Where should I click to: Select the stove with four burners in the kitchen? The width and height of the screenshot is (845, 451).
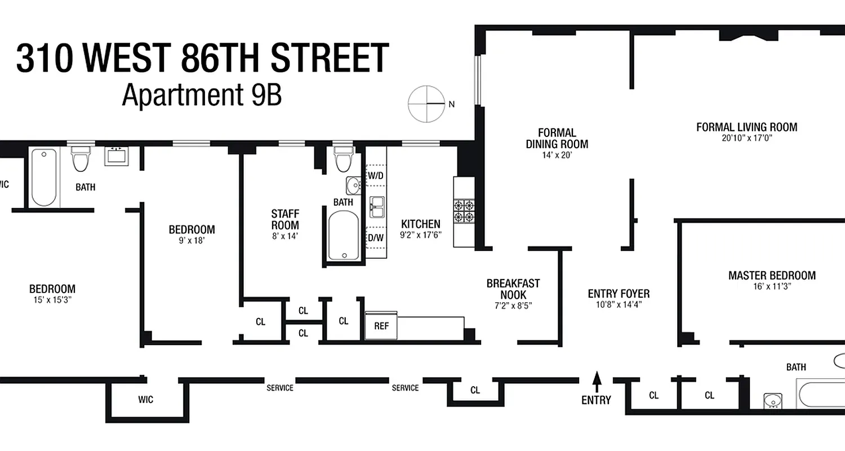(465, 210)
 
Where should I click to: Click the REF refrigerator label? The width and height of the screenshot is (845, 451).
(381, 326)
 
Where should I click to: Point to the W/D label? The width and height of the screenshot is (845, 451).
(375, 175)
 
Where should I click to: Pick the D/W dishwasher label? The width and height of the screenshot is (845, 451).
(376, 237)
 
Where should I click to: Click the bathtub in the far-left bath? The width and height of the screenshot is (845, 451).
(44, 177)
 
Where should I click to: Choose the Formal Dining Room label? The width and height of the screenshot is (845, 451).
(557, 138)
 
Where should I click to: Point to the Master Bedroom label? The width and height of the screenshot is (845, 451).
(772, 276)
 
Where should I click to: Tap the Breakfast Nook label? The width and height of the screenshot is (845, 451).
(513, 289)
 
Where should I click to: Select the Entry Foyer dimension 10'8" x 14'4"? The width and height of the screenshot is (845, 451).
(618, 304)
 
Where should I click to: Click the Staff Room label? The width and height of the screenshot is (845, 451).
(285, 219)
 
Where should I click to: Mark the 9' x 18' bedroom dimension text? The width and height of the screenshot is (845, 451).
(192, 240)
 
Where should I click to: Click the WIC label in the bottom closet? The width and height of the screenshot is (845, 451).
(145, 400)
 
